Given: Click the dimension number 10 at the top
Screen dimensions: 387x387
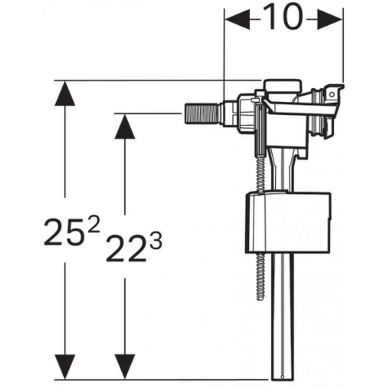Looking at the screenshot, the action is pos(283,17).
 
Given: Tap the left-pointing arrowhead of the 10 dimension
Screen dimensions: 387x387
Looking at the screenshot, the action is pos(238,19).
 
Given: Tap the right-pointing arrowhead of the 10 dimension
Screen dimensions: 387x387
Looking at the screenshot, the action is pos(329,19).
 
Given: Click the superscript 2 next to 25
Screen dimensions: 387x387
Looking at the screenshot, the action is pos(94,223).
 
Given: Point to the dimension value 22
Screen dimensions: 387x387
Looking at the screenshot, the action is pos(126,248).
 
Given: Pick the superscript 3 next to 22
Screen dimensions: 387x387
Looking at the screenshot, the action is pos(156,241).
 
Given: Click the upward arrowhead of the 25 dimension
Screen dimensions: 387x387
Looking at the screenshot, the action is pos(65,94).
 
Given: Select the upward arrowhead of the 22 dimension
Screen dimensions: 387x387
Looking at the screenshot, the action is pos(125,126).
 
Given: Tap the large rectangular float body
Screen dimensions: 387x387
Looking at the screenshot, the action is pos(288,222).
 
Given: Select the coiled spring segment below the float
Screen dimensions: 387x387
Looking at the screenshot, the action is pos(260,276).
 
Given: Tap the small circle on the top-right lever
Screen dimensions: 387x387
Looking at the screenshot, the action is pos(332,94).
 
